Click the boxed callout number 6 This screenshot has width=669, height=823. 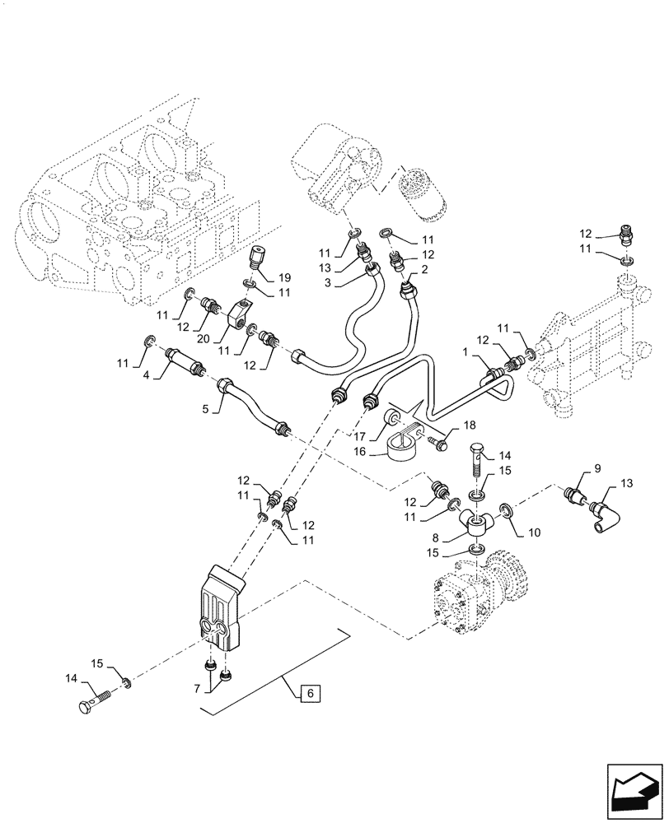point(309,694)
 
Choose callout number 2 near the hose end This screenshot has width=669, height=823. point(424,269)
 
